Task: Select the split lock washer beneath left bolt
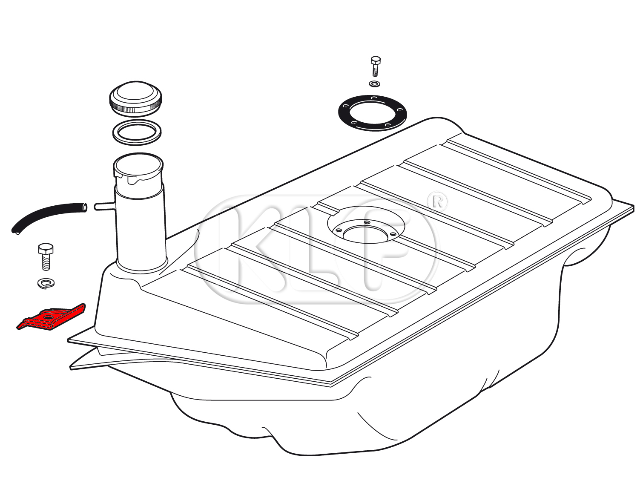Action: click(x=46, y=283)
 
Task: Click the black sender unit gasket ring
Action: click(x=372, y=113)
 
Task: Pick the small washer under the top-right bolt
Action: click(x=375, y=84)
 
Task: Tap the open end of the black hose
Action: click(x=85, y=207)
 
